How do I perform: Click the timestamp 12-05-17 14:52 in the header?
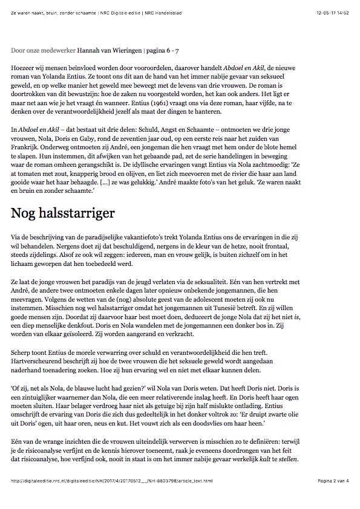click(333, 12)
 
